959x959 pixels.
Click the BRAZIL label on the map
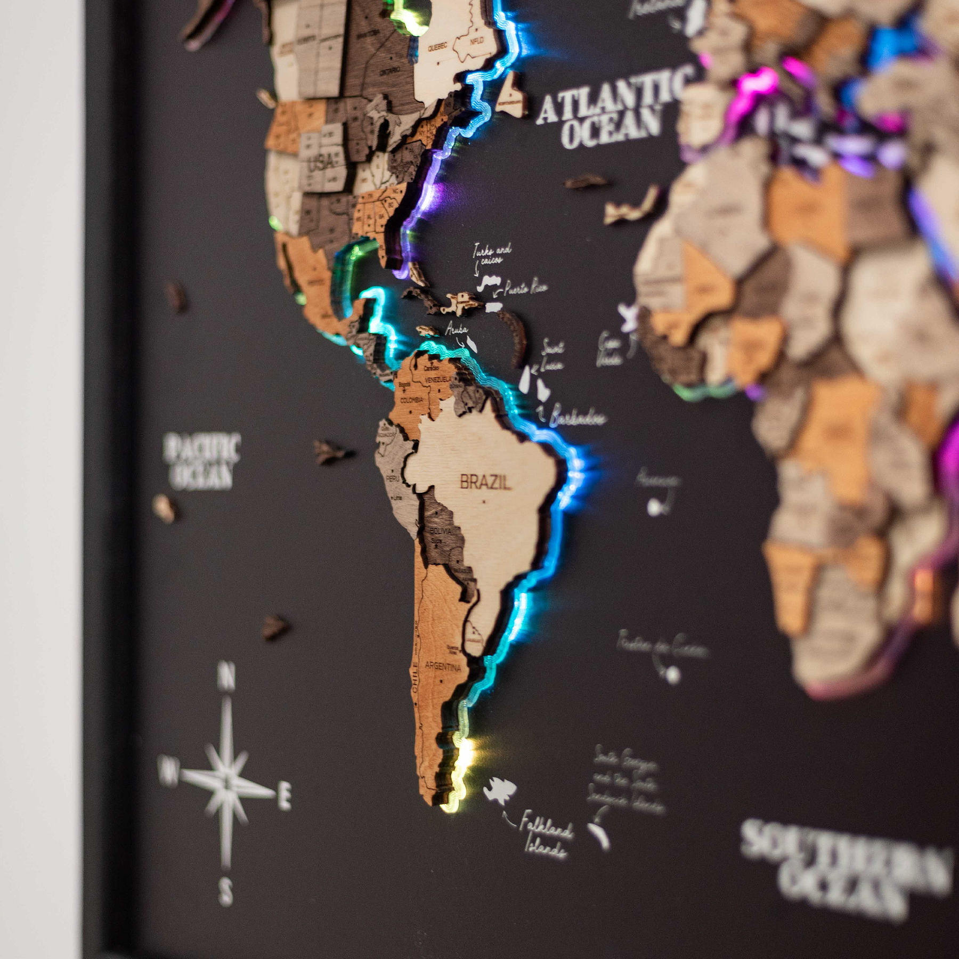485,483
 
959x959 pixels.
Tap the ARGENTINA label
442,667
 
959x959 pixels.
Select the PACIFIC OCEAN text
202,461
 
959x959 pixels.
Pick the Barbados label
578,418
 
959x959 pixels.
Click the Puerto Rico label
525,288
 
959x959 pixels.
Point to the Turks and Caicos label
492,254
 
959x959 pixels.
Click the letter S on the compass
226,891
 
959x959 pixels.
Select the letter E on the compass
285,796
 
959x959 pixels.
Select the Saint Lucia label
551,357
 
